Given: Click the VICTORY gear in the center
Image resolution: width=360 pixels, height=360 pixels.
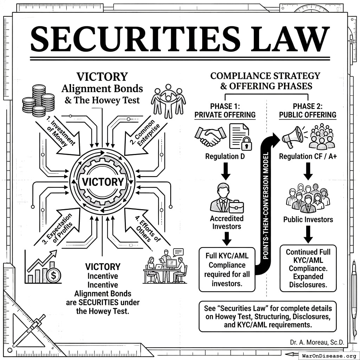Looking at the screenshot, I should pos(102,182).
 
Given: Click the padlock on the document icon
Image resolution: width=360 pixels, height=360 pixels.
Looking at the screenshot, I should pos(246,143).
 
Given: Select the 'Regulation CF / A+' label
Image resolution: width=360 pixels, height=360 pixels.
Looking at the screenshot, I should pos(308,156).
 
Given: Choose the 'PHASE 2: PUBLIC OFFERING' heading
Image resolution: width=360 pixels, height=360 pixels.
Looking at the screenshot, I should pos(308,110).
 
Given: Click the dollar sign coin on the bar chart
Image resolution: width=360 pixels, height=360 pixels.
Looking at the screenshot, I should pos(53,276).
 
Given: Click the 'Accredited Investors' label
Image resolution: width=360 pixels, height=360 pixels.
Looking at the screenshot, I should pos(227,222).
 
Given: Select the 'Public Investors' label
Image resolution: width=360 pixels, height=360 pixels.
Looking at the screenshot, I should pos(308,220).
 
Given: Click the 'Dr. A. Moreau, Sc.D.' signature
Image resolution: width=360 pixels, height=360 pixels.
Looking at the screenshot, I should pos(317,342).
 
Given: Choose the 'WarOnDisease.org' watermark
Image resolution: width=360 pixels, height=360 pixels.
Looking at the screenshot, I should pos(329,356).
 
